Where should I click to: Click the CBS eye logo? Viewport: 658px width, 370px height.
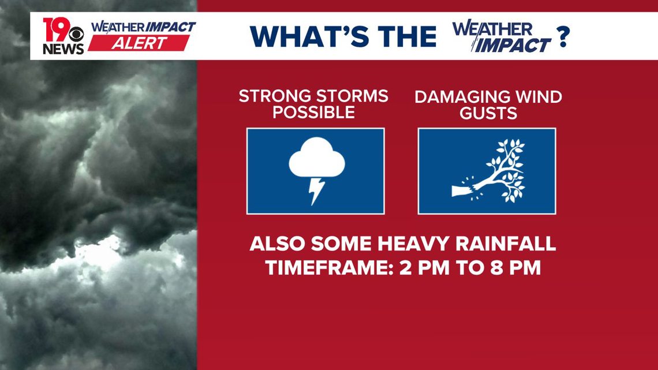pos(76,34)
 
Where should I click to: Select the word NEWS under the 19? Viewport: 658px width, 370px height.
pos(63,49)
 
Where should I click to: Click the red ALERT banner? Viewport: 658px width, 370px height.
pos(139,43)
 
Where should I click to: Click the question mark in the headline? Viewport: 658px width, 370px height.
pos(563,36)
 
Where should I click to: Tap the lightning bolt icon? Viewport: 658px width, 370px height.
pos(316,191)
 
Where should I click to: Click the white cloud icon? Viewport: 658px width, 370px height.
pos(317,157)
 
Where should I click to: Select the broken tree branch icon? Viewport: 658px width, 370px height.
pos(489,171)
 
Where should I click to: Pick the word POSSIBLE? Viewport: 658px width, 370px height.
pos(314,113)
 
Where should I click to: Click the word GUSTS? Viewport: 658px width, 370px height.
pos(488,113)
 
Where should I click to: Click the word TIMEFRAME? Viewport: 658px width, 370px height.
pos(328,268)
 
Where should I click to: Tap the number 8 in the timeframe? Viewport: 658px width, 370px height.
pos(496,268)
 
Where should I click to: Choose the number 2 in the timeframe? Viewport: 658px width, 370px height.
pos(406,268)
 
